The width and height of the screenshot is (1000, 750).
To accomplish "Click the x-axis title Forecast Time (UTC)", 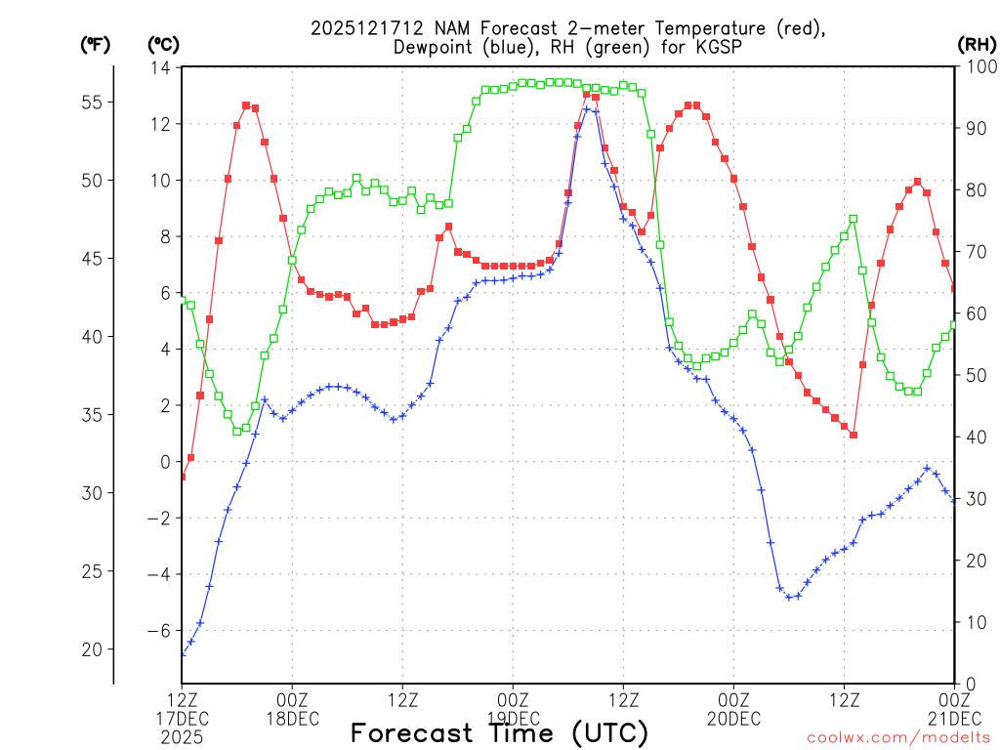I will (x=499, y=732).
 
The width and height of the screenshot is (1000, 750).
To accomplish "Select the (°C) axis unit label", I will (x=163, y=44).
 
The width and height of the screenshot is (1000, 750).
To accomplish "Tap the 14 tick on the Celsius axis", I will (x=161, y=67).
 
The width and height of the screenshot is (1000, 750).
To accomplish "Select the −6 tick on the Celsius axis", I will (x=158, y=631).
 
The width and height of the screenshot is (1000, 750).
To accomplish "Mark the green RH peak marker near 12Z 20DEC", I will (x=854, y=220).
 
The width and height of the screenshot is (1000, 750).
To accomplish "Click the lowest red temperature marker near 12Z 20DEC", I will (x=854, y=435).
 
